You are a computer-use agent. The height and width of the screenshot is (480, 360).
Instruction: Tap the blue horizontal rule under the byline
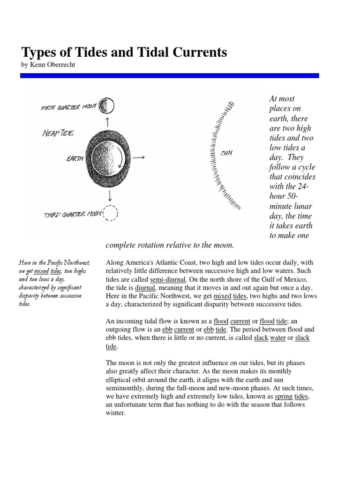point(169,75)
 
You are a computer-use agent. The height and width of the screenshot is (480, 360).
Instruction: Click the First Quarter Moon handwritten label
point(68,107)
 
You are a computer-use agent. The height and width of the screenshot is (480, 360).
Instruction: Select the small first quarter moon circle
point(107,105)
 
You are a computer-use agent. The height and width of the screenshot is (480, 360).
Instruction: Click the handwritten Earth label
point(75,158)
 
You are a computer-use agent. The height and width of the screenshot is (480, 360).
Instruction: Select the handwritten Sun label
point(227,152)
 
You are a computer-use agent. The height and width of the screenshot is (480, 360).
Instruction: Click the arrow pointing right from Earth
point(139,158)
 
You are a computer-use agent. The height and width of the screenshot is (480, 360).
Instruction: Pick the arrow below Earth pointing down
point(109,195)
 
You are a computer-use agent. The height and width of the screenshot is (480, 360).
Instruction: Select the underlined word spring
point(284,396)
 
